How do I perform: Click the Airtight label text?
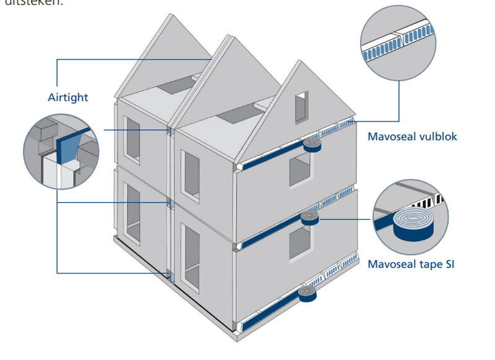click(x=68, y=97)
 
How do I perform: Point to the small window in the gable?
click(x=301, y=106)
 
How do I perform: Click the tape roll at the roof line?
click(x=314, y=146)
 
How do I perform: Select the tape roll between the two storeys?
click(x=309, y=216)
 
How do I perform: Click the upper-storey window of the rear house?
click(x=134, y=141)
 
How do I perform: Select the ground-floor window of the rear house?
click(x=134, y=211)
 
